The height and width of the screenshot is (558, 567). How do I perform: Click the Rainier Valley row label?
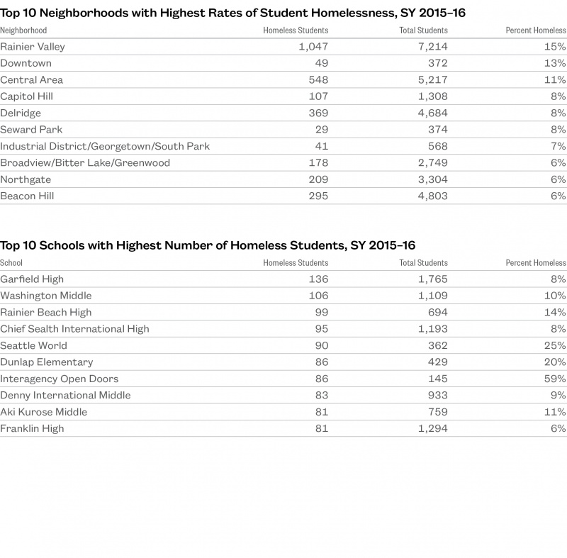33,47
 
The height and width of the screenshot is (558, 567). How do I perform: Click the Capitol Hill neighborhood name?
27,96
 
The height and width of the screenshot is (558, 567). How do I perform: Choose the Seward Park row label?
31,130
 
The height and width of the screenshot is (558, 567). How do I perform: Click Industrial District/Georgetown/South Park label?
105,146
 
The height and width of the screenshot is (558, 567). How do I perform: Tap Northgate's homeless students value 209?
318,179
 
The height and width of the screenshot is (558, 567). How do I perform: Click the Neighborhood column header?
23,30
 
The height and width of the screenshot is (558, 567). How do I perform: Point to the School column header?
12,263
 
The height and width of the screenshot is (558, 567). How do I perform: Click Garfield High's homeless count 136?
318,279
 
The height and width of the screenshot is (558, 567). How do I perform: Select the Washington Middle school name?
46,296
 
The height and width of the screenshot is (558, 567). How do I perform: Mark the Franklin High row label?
32,428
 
